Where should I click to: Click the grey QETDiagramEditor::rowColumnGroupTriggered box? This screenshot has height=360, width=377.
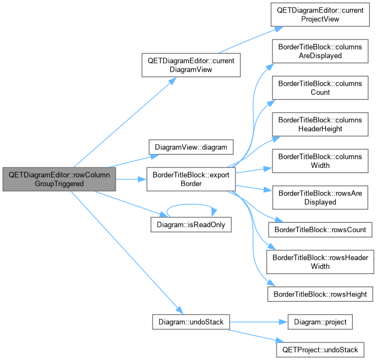(x=59, y=179)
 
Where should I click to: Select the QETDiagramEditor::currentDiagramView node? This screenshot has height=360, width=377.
(x=191, y=65)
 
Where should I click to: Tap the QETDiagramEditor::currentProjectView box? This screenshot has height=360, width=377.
(x=320, y=15)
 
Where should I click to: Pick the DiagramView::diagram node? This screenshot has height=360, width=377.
(x=191, y=147)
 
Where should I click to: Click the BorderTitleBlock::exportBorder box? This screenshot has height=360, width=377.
(x=191, y=179)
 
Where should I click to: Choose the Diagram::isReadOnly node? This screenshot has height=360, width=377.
(x=191, y=224)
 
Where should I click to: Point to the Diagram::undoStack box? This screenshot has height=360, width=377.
(x=191, y=322)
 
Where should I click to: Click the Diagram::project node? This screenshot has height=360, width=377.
(x=320, y=322)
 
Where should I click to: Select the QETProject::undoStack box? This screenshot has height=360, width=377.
(x=320, y=350)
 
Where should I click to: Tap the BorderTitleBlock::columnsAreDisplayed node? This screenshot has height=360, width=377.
(x=320, y=51)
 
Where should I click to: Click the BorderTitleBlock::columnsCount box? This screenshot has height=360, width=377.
(x=320, y=88)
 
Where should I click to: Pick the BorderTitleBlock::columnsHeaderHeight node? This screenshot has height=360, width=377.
(x=320, y=125)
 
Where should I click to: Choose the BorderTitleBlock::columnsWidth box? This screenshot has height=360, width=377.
(x=320, y=161)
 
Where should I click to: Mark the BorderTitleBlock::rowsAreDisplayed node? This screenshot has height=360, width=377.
(x=320, y=198)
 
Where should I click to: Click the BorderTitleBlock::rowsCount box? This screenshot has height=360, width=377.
(x=320, y=229)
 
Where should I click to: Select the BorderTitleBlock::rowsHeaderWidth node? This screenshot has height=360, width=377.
(x=320, y=262)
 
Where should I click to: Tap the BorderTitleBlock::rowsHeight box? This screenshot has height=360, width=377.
(x=320, y=294)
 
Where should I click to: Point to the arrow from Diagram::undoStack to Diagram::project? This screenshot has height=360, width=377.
(x=258, y=322)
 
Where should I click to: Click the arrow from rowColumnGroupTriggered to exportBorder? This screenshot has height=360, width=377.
(x=131, y=179)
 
